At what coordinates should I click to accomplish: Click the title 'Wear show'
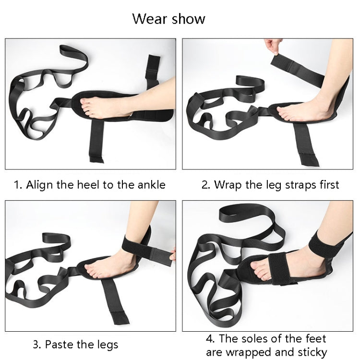pos(168,19)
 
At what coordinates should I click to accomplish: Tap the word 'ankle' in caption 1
pos(151,185)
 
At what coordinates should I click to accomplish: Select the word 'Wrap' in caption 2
pos(228,185)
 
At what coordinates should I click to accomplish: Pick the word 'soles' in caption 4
pos(254,338)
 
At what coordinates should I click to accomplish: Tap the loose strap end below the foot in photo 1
pos(96,141)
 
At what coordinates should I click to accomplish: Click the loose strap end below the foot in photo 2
pos(306,144)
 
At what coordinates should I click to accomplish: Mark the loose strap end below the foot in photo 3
pos(115,301)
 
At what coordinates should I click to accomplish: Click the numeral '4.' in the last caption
pos(210,339)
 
